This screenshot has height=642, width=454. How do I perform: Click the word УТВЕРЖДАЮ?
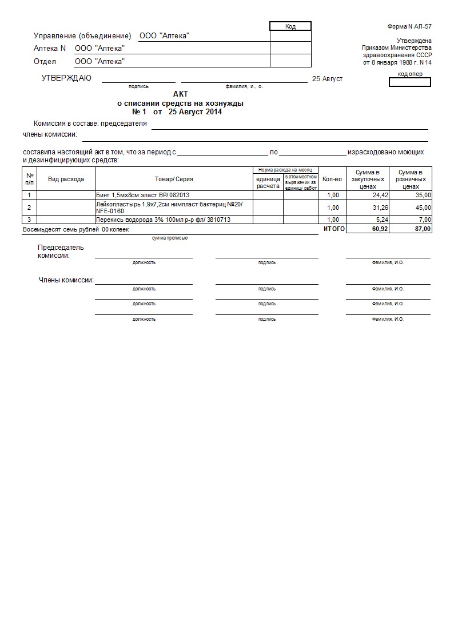(66, 78)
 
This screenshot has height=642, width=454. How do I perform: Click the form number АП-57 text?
(409, 27)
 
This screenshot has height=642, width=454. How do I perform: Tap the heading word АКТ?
(180, 94)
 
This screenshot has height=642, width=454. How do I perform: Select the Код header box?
(290, 26)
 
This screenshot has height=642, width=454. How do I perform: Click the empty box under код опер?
(409, 82)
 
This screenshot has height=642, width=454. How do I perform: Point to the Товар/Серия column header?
(174, 179)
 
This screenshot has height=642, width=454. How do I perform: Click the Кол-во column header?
(332, 179)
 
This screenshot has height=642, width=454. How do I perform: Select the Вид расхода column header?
(66, 179)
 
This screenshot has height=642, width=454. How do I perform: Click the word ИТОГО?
(334, 229)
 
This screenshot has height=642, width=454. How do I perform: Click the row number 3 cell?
(29, 220)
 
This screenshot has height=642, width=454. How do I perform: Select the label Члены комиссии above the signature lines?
(66, 280)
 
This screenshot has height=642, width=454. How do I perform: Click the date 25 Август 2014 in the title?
(195, 112)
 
